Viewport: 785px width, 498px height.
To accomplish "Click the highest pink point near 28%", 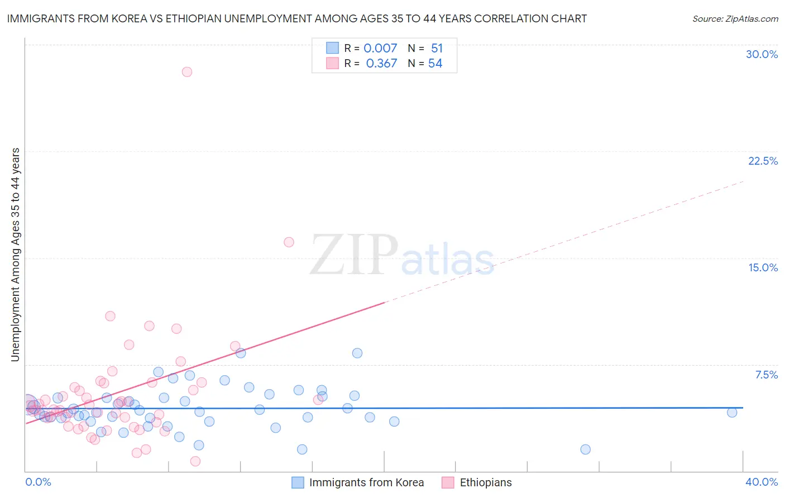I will [x=187, y=72].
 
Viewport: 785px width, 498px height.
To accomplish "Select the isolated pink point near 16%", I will [x=289, y=242].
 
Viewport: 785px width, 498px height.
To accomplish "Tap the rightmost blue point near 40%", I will [x=732, y=413].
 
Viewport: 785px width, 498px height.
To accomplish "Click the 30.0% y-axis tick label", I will [x=762, y=54].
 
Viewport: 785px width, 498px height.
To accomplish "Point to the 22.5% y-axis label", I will [x=763, y=161].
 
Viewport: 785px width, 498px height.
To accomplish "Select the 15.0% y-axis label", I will [x=763, y=267].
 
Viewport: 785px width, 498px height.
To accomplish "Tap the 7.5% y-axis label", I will [x=766, y=375].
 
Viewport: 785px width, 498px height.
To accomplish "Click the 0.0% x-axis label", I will [x=39, y=482].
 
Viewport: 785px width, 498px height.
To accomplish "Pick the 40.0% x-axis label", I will [x=762, y=482].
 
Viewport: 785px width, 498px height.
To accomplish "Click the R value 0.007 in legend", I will [x=380, y=49].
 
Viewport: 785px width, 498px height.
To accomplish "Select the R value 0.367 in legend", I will [x=381, y=64].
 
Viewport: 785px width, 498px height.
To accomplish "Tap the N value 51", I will [x=437, y=49].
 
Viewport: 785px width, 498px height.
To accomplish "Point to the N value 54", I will [x=435, y=64].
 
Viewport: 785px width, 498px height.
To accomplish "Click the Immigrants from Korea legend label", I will [x=366, y=483].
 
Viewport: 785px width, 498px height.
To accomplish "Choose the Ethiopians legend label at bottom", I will [x=486, y=483].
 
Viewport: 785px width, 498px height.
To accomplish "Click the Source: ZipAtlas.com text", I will [x=735, y=19].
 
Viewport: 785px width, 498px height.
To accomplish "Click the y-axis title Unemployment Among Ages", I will [x=16, y=255].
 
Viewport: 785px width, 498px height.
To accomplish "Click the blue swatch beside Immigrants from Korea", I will [x=298, y=483].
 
